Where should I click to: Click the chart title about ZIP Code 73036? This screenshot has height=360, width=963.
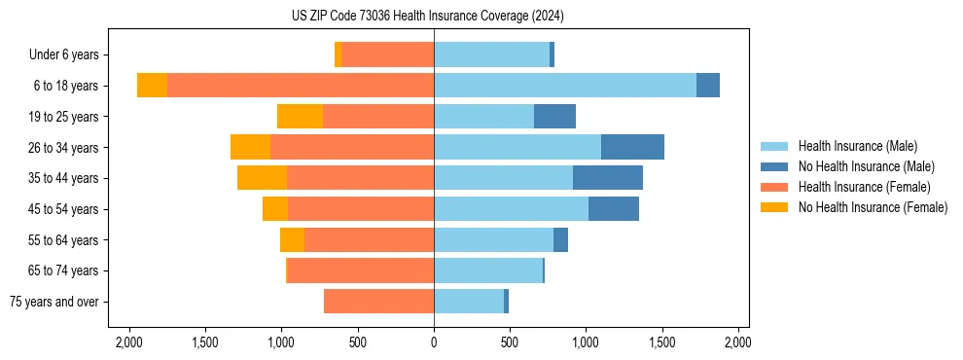tap(428, 17)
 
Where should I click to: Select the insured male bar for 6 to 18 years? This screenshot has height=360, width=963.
tap(565, 86)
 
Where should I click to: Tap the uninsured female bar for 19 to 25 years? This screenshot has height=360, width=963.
tap(300, 117)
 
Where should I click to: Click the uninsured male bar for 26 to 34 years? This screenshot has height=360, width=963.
tap(632, 147)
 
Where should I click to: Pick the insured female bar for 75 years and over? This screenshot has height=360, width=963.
tap(378, 302)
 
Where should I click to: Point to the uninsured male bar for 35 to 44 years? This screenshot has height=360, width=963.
tap(608, 178)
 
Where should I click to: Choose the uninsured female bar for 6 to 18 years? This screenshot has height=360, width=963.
tap(152, 86)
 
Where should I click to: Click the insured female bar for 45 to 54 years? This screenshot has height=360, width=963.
tap(361, 209)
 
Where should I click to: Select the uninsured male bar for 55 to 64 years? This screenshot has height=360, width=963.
tap(560, 239)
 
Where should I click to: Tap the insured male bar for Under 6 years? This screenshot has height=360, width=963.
tap(491, 55)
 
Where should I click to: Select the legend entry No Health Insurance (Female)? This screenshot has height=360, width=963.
tap(873, 207)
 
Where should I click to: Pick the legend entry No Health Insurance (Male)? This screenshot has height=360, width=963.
tap(866, 166)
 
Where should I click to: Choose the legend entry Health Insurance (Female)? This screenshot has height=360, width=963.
tap(865, 187)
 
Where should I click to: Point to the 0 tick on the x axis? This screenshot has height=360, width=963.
tap(434, 342)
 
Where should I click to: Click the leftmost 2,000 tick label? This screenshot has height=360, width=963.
tap(129, 342)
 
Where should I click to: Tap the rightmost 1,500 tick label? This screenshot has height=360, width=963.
tap(662, 342)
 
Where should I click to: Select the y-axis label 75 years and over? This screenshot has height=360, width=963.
tap(54, 302)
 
